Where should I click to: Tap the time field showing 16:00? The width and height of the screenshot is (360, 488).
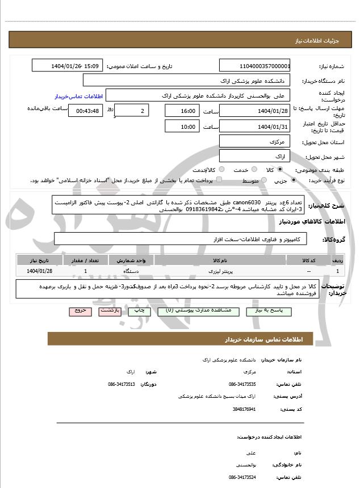(182, 111)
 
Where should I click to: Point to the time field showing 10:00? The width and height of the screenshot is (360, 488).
(182, 127)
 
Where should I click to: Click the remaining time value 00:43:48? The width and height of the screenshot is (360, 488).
(85, 111)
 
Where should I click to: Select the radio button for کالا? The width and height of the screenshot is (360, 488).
(280, 170)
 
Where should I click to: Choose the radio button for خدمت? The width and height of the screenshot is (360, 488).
(253, 170)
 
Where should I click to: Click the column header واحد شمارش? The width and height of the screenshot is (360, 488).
(136, 260)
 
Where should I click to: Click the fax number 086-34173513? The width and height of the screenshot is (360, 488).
(121, 384)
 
